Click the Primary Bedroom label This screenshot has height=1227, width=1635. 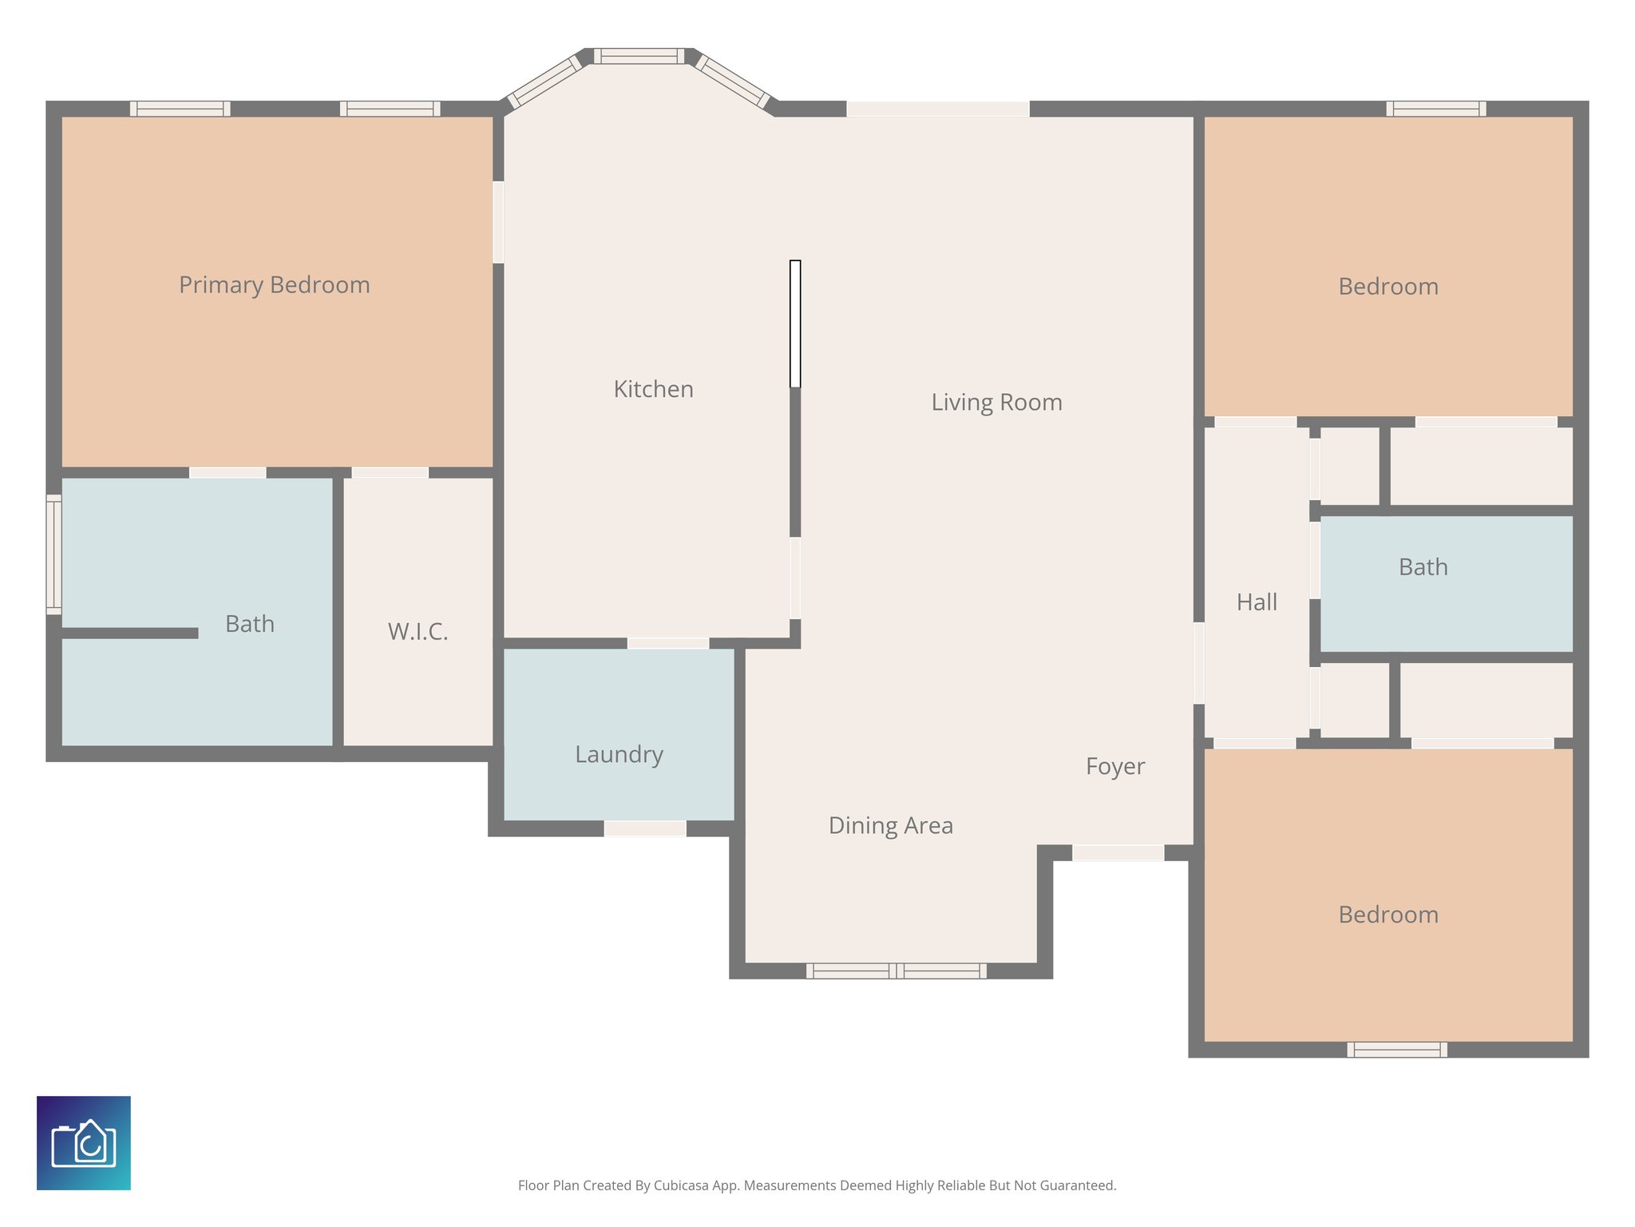[x=274, y=285]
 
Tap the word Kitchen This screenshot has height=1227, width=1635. [x=653, y=389]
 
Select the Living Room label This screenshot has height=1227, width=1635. [x=996, y=402]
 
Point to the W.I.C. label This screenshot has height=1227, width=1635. [x=418, y=632]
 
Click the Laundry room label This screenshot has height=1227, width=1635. [x=619, y=754]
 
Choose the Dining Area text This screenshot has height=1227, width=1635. [x=890, y=825]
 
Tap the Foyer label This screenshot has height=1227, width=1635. [x=1114, y=766]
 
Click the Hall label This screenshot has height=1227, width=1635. [x=1257, y=602]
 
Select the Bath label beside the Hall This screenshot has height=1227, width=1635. [x=1423, y=567]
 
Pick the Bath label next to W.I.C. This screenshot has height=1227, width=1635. [x=249, y=624]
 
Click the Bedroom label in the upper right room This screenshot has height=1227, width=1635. [x=1388, y=287]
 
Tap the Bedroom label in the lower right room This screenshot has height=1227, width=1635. [x=1388, y=915]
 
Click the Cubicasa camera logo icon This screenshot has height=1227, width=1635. [x=84, y=1142]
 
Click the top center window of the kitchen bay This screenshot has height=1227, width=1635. [x=639, y=56]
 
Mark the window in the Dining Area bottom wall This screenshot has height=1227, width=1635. [x=896, y=971]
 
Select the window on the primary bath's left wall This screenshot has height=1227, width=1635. [x=53, y=554]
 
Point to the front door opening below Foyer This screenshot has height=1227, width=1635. [x=1118, y=853]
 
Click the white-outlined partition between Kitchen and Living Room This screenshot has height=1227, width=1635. [x=795, y=324]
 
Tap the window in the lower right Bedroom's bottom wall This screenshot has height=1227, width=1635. [x=1396, y=1050]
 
